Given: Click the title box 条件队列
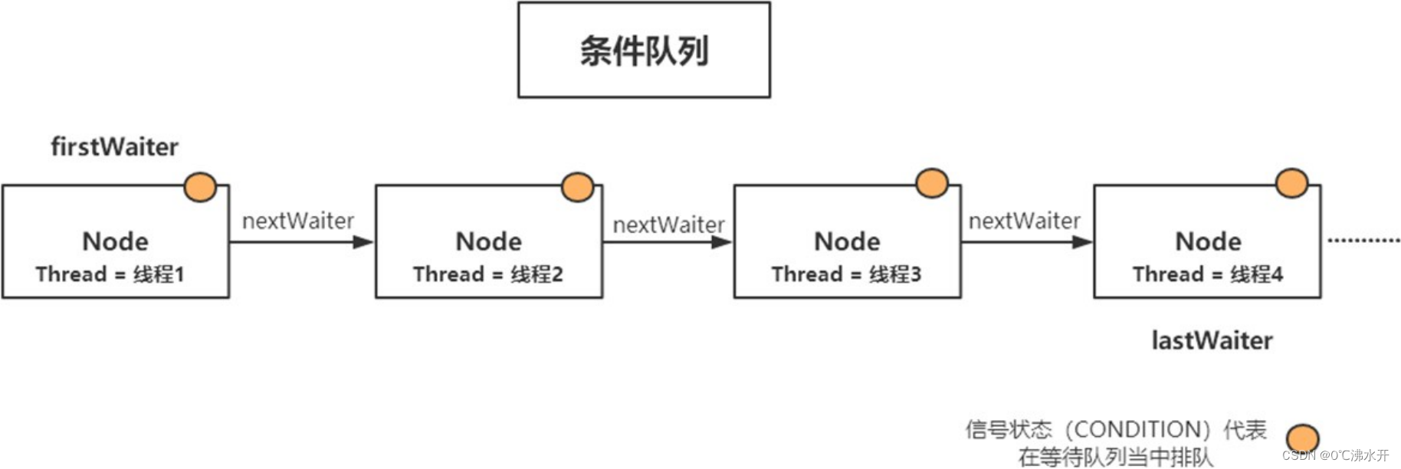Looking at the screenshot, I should [x=644, y=51].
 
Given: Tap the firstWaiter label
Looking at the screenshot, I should [x=114, y=146].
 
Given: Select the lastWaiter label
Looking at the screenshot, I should [x=1212, y=340].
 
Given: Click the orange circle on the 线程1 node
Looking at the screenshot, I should [x=201, y=187].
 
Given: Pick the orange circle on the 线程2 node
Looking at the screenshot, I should [x=577, y=187].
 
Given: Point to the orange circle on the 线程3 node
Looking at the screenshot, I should [x=932, y=184].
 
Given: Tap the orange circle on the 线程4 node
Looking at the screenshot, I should [x=1291, y=183].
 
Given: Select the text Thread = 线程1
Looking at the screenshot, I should [x=110, y=274].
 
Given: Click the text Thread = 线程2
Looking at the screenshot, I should [x=487, y=274].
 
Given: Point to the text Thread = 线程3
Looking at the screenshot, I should [x=846, y=274].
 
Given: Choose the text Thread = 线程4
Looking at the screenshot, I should [x=1207, y=274].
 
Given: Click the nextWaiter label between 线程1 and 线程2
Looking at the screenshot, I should [x=298, y=221].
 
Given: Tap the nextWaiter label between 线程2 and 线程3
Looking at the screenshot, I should [x=668, y=225].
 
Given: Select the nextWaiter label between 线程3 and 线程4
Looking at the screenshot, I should [x=1024, y=221].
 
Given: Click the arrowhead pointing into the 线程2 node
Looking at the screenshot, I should [x=363, y=242].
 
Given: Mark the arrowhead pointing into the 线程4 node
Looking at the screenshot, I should [x=1081, y=242].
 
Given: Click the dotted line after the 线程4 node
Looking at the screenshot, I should [x=1363, y=241].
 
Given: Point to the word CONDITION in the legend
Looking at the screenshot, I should [x=1137, y=429].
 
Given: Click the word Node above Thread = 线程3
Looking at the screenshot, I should [x=847, y=241].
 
